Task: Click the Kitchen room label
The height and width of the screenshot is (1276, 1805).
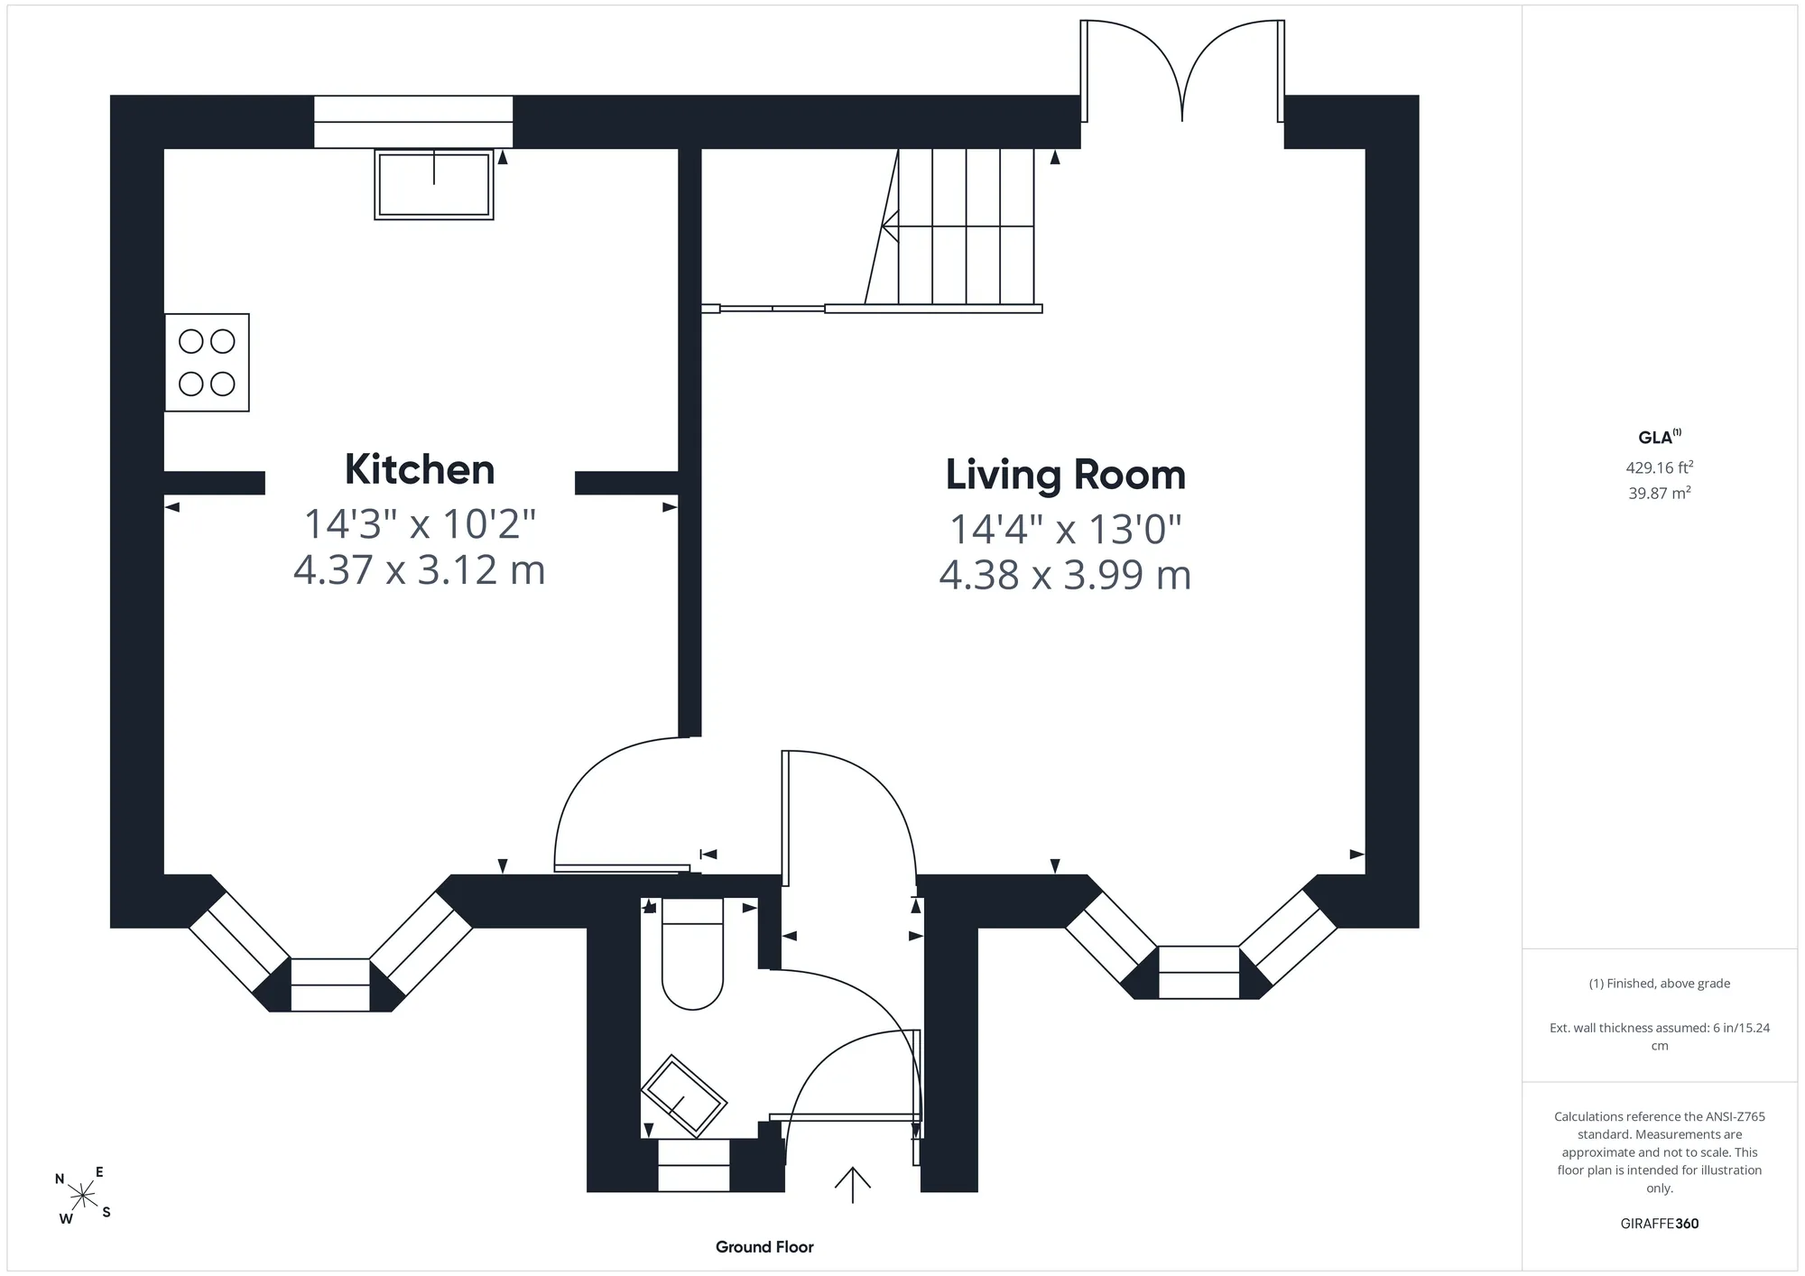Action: tap(420, 469)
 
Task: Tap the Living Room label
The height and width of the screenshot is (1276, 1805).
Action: tap(1066, 475)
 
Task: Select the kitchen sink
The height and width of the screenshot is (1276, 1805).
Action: tap(434, 184)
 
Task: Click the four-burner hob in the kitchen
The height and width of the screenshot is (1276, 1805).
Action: tap(207, 363)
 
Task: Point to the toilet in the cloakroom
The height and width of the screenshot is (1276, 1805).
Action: tap(693, 954)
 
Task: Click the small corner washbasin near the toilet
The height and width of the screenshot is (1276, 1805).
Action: tap(684, 1096)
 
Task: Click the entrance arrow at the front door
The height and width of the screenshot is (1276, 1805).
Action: tap(852, 1185)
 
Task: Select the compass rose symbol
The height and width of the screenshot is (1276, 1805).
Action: tap(83, 1197)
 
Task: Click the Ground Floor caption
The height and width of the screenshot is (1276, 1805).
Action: tap(764, 1247)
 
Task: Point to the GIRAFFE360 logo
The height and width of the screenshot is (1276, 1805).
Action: tap(1660, 1224)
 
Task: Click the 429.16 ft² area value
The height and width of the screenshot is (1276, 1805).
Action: tap(1660, 467)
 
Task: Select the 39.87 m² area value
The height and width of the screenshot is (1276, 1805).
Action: tap(1660, 493)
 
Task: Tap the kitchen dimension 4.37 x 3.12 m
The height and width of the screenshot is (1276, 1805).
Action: tap(420, 570)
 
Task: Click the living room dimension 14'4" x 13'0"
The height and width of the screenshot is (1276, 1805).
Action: tap(1066, 529)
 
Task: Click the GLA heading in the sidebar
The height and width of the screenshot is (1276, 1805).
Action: tap(1660, 437)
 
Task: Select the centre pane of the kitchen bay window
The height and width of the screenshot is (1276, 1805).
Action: tap(330, 985)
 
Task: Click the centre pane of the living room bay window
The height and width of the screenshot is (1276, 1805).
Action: tap(1199, 972)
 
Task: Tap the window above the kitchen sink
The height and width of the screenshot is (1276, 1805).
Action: tap(413, 122)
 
